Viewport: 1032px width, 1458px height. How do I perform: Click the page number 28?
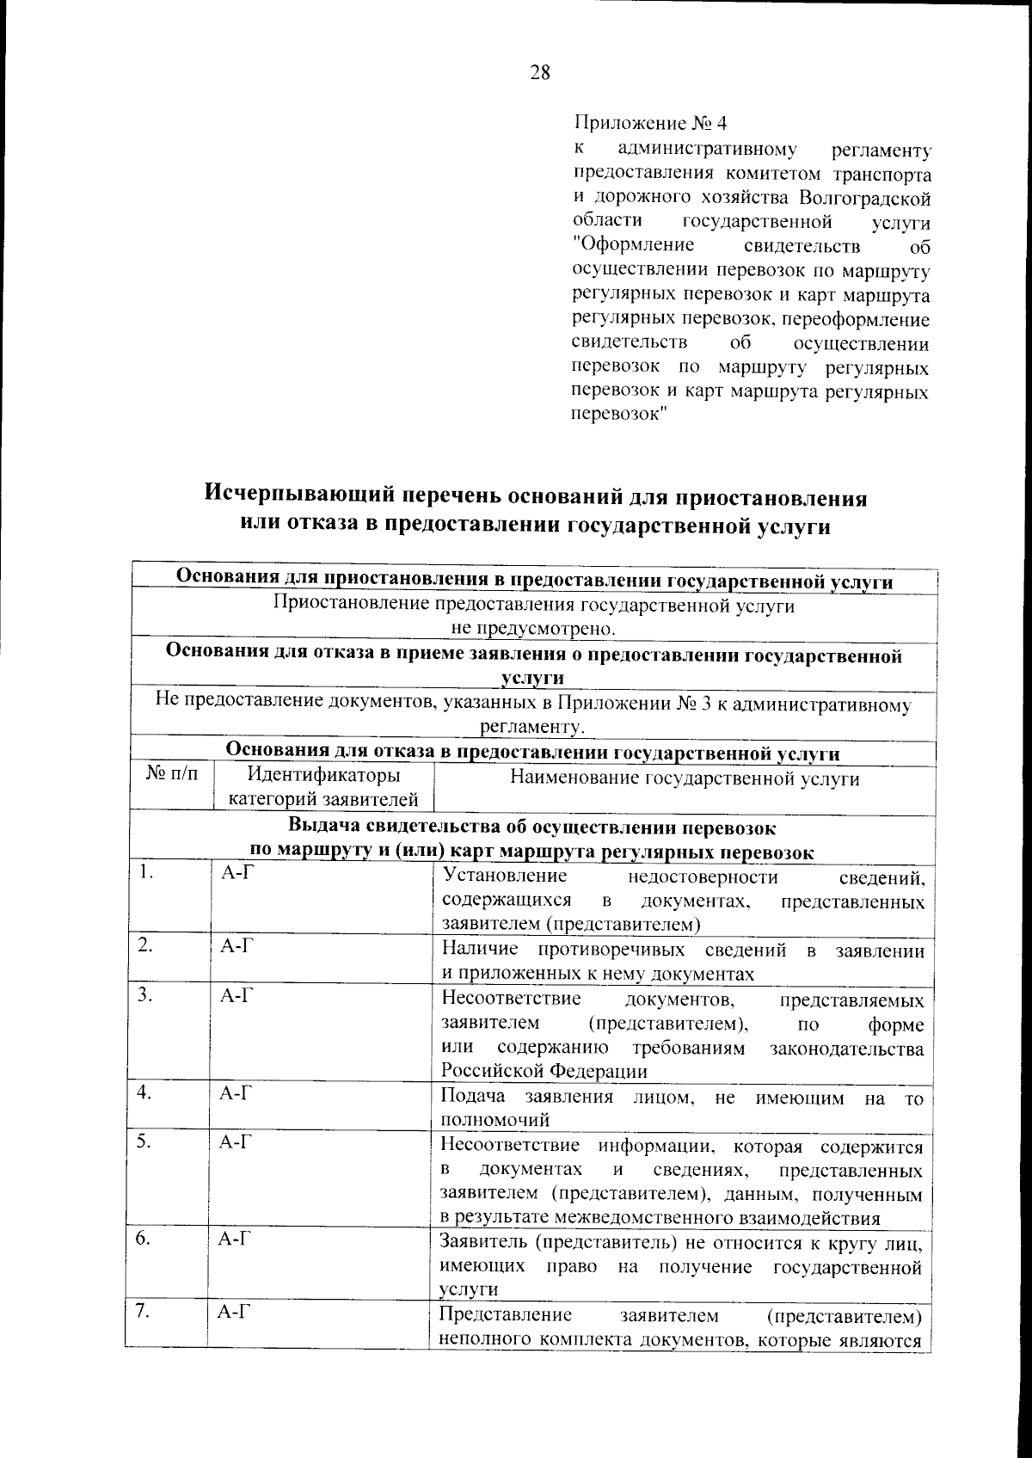(x=539, y=73)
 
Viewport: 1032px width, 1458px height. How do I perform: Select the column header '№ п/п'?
(x=172, y=776)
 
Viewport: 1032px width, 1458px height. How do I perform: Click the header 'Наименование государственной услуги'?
(x=685, y=778)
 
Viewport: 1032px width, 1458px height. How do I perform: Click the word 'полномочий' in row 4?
(x=494, y=1120)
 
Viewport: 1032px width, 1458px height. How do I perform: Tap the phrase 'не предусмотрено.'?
(x=534, y=629)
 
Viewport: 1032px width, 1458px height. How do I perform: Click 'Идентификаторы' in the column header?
(x=322, y=776)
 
